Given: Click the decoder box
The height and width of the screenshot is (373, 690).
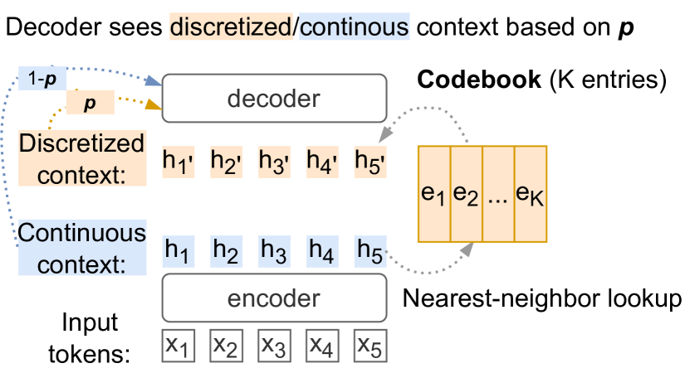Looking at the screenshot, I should point(274,99).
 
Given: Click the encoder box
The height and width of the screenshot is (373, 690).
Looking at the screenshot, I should point(274,298).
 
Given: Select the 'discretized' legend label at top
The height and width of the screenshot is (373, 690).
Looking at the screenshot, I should point(231,27).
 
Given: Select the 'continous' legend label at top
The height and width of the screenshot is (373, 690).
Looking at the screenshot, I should point(355,27).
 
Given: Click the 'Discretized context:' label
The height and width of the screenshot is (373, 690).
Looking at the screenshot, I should point(81,158).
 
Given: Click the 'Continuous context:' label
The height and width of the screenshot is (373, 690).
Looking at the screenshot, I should point(81,248).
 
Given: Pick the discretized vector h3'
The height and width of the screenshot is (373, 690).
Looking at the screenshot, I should point(275,161).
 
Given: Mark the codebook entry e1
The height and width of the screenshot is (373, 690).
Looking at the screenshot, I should point(433,194).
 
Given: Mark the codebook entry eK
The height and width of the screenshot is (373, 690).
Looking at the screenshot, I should point(531,194).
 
